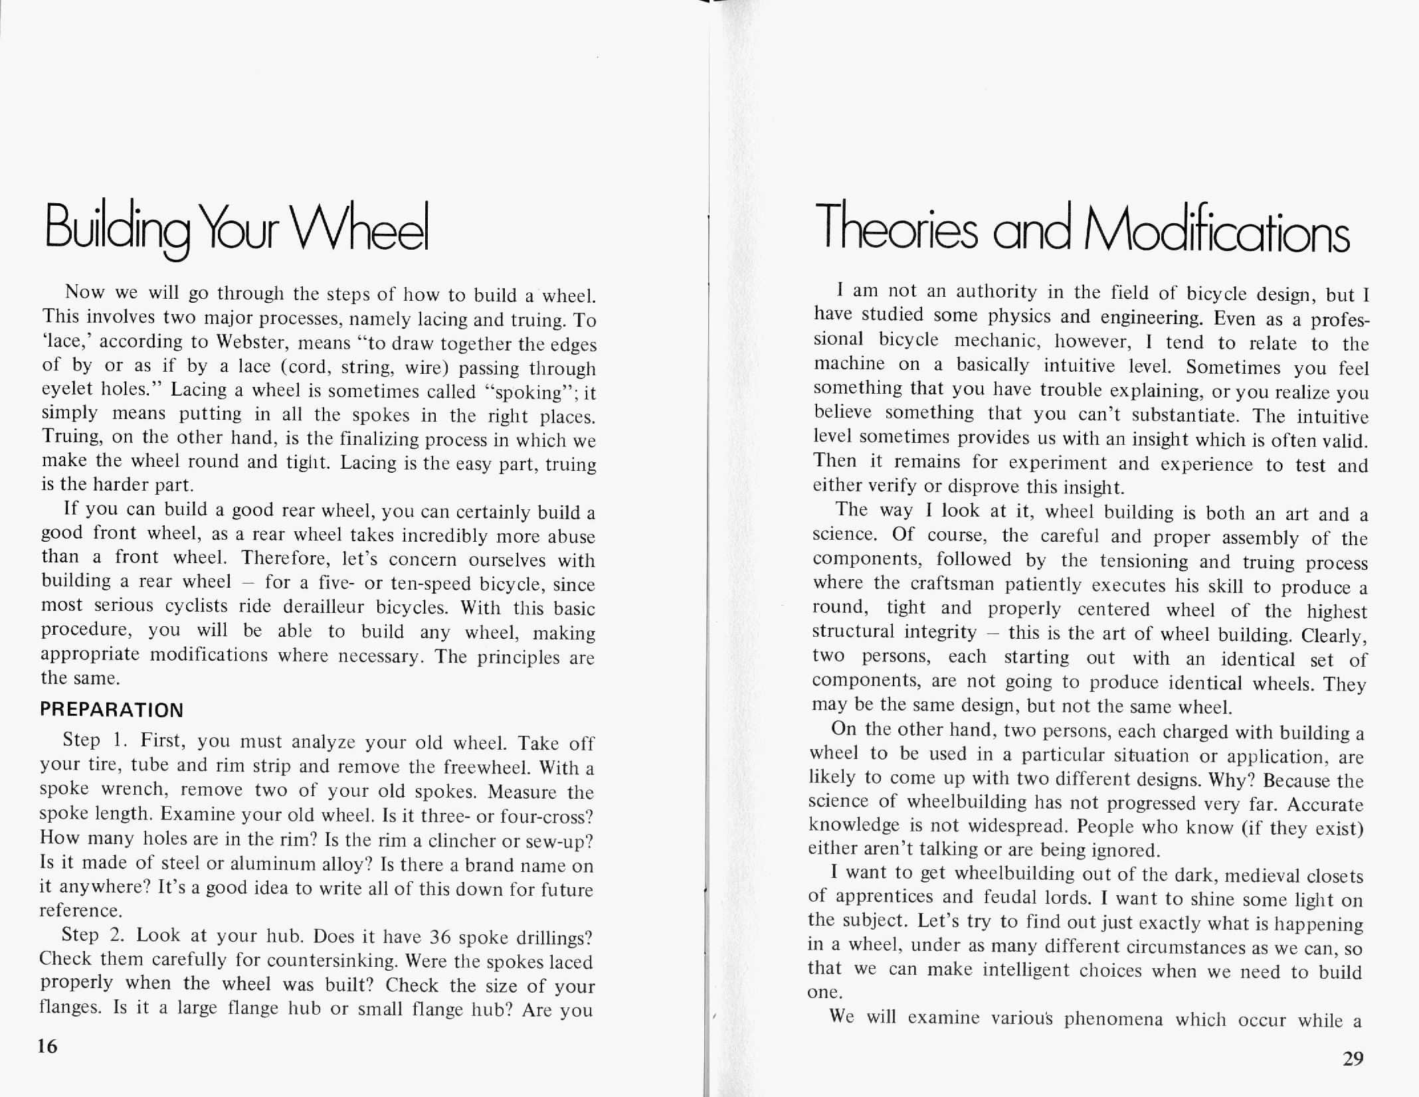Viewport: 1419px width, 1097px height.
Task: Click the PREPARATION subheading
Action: point(112,710)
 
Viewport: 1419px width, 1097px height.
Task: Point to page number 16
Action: point(48,1047)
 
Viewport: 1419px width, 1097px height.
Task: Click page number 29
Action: point(1353,1058)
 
